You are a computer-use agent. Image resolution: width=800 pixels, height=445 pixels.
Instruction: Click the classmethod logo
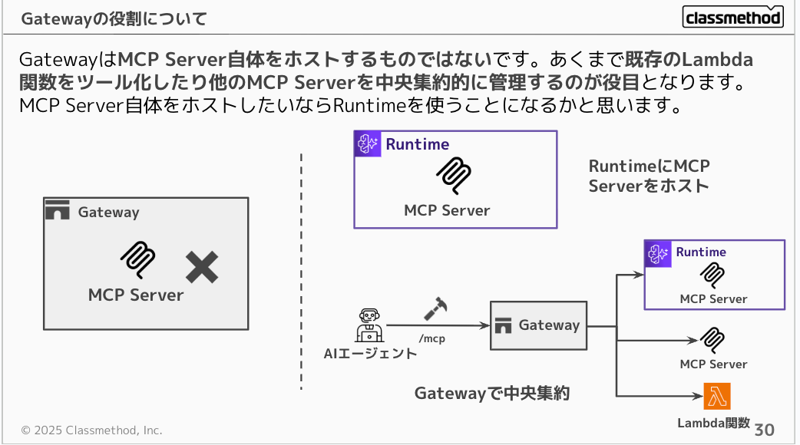click(732, 17)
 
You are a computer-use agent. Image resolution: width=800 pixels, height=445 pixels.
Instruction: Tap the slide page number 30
click(765, 429)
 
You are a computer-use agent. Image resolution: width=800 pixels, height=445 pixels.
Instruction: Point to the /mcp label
click(432, 338)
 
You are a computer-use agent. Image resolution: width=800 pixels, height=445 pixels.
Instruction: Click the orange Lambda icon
click(717, 396)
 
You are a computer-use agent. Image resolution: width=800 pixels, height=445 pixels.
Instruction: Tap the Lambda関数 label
click(713, 423)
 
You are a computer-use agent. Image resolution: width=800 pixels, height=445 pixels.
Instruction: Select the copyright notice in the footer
click(91, 430)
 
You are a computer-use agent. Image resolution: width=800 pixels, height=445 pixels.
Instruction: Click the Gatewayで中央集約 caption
click(491, 394)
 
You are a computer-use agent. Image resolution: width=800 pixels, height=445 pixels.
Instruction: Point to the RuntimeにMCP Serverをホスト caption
click(649, 176)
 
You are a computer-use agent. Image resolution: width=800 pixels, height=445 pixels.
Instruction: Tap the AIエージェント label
click(370, 354)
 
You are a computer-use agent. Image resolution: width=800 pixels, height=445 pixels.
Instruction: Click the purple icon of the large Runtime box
click(368, 144)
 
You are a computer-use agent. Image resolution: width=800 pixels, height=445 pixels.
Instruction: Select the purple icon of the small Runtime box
click(658, 253)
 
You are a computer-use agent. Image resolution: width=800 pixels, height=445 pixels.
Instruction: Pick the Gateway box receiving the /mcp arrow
click(538, 325)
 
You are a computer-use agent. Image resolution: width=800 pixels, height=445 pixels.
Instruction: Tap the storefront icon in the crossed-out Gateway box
click(58, 210)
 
